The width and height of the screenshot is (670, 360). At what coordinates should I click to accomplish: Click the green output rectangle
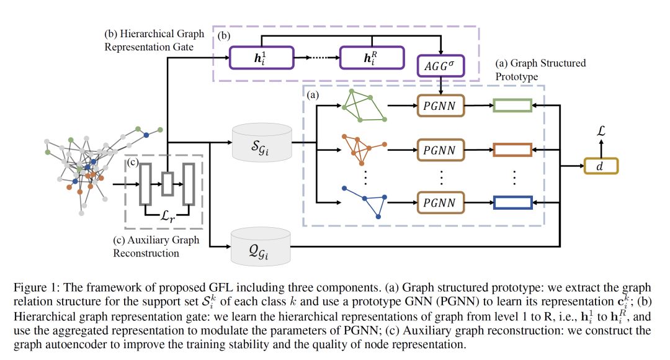click(512, 106)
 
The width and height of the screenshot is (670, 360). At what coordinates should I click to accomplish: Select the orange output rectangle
click(512, 150)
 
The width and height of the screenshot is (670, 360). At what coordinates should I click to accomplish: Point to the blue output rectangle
click(512, 202)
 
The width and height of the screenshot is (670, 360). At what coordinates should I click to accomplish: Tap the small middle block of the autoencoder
click(167, 184)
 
